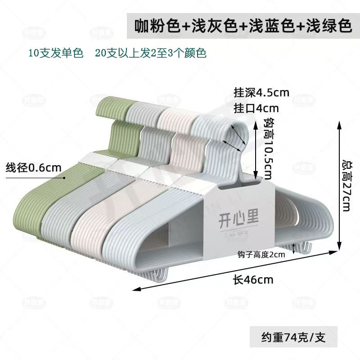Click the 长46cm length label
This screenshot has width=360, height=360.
click(253, 279)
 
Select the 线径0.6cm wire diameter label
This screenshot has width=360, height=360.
click(33, 168)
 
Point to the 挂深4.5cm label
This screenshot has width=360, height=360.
click(261, 93)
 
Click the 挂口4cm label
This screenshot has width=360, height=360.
click(256, 108)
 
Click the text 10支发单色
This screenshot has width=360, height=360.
click(56, 53)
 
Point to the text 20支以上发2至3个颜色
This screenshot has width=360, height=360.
click(150, 53)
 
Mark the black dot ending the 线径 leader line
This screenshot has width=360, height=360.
click(65, 178)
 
